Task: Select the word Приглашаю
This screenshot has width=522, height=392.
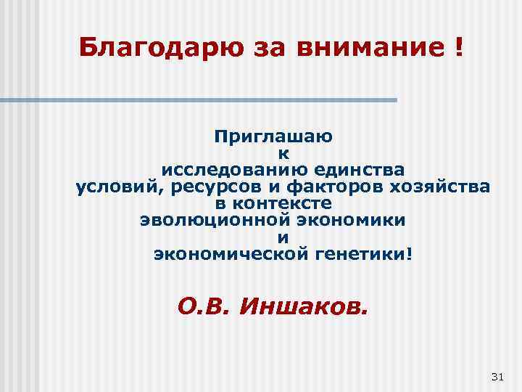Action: coord(283,136)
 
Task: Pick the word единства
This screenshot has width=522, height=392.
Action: coord(355,170)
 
